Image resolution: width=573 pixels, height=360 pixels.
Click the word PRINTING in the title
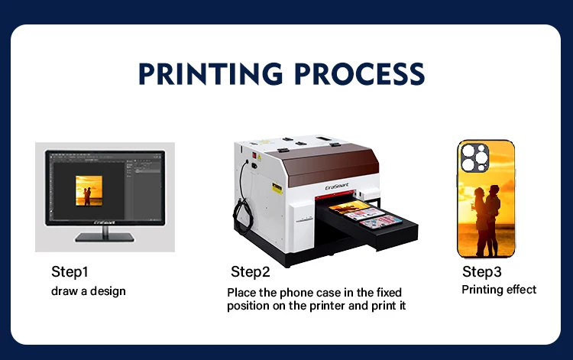[x=211, y=74]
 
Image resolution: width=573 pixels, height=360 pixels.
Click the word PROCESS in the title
[x=360, y=74]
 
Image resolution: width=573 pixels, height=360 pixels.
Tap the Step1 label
[x=70, y=272]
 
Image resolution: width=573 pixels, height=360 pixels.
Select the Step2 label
[x=251, y=272]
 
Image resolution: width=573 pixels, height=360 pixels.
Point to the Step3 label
[x=481, y=272]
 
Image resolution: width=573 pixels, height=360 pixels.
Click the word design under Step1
[x=108, y=291]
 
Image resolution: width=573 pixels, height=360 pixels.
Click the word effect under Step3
[x=522, y=290]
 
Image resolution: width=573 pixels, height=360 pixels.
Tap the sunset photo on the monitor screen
[x=89, y=191]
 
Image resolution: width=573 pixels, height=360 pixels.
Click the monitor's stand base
[x=105, y=238]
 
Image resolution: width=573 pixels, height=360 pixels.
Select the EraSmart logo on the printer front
[x=337, y=186]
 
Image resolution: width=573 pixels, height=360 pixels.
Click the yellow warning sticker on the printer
[x=277, y=188]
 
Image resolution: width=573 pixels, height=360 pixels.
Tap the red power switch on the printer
[x=254, y=155]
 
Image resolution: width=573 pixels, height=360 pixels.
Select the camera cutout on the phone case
[x=474, y=157]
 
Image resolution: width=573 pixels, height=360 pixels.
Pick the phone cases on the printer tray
[x=365, y=215]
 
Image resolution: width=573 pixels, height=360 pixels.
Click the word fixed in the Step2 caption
[x=389, y=293]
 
